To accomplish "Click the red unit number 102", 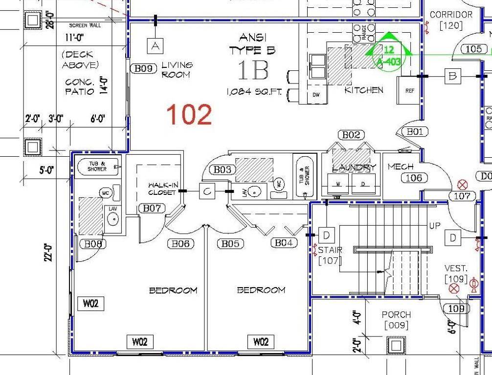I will coord(189,114).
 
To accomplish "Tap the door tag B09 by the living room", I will coord(143,69).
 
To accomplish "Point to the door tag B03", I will coord(222,169).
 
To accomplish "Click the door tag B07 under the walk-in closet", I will coord(152,208).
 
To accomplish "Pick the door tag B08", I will coord(92,244).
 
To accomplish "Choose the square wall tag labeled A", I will coord(156,46).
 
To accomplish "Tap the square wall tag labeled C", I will coord(207,192).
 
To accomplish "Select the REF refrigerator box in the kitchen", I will coord(410,91).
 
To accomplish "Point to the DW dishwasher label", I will coord(316,95).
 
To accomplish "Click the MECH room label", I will coord(401,167).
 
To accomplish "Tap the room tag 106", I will coord(414,178).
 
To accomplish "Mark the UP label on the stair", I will coord(434,227).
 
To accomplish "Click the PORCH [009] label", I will coord(396,319).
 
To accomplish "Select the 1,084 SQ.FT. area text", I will coord(254,92).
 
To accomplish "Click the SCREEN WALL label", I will coord(85,25).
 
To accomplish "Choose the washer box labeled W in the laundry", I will coord(337,184).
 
